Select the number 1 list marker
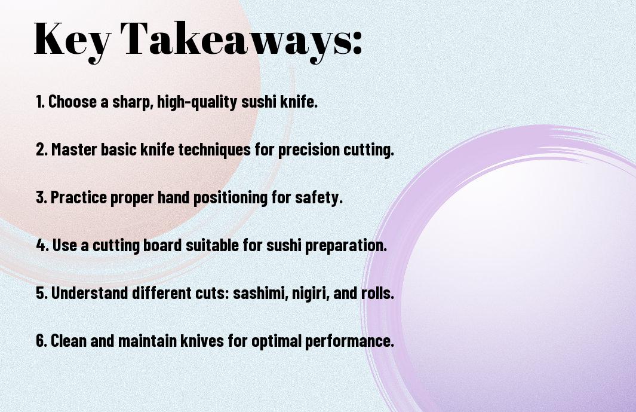40,102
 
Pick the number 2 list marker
41,149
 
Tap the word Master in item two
74,149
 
